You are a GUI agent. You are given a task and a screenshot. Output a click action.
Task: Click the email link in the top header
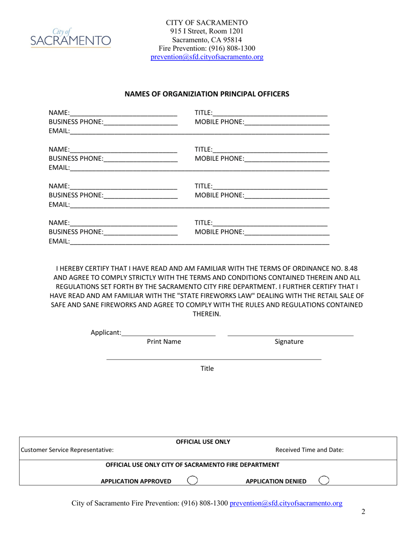pyautogui.click(x=207, y=57)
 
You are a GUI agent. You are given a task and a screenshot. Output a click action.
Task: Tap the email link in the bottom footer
pyautogui.click(x=286, y=503)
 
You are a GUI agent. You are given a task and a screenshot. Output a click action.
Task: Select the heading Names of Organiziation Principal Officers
pyautogui.click(x=207, y=94)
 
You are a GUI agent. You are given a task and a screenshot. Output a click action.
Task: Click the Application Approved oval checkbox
pyautogui.click(x=192, y=481)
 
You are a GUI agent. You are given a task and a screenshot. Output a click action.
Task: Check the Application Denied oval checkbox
pyautogui.click(x=324, y=481)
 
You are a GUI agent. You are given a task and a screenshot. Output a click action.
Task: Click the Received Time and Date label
pyautogui.click(x=309, y=450)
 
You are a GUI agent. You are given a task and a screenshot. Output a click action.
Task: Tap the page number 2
pyautogui.click(x=363, y=512)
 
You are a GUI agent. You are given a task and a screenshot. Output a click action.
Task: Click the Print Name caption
pyautogui.click(x=164, y=342)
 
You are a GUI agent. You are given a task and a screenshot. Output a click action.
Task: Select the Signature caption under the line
pyautogui.click(x=289, y=342)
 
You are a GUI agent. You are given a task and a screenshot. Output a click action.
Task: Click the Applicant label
pyautogui.click(x=106, y=332)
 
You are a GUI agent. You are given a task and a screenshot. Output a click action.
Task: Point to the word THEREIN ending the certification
pyautogui.click(x=207, y=314)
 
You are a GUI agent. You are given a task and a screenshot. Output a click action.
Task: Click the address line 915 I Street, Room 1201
pyautogui.click(x=207, y=31)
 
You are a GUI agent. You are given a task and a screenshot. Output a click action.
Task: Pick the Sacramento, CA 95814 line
pyautogui.click(x=207, y=40)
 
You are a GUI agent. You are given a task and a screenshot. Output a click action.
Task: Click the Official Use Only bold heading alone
pyautogui.click(x=203, y=441)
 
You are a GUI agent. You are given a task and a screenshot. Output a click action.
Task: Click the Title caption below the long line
pyautogui.click(x=207, y=369)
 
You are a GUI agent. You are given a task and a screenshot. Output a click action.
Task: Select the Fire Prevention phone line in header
pyautogui.click(x=207, y=48)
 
